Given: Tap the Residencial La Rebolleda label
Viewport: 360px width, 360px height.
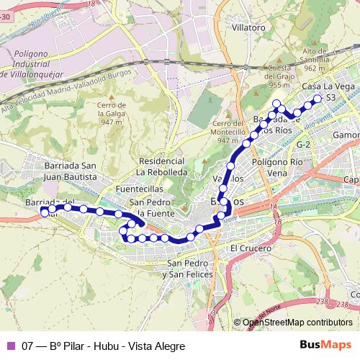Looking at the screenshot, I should pos(162,167).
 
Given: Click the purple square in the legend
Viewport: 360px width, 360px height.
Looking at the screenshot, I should pos(9,346).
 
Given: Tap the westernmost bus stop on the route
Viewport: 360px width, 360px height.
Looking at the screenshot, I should pos(45,212).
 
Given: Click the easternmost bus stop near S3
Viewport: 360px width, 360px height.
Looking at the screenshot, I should pos(317,99).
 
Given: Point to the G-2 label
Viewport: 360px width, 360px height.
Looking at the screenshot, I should pos(303,145).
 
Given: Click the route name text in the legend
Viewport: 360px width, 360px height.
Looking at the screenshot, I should pos(104,346).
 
